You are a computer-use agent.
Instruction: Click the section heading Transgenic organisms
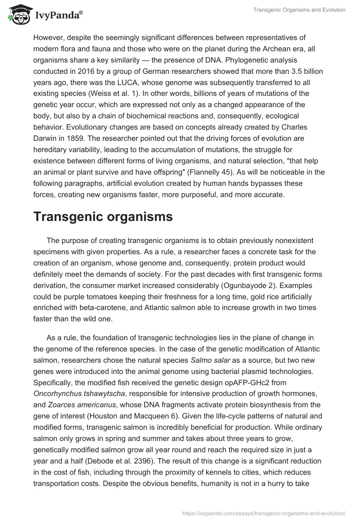(x=103, y=216)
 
